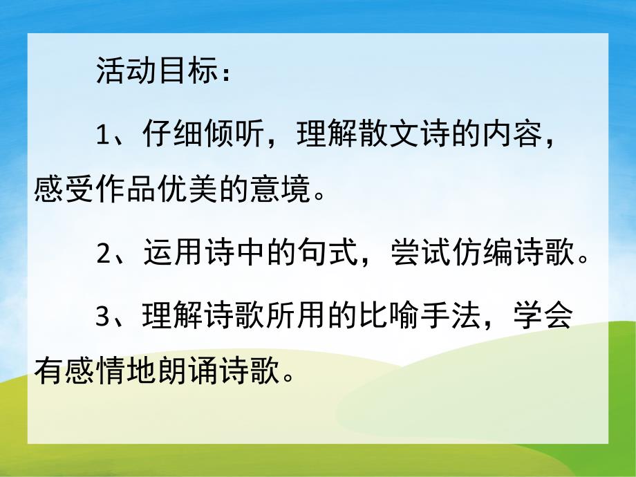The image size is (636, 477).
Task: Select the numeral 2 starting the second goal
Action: point(104,255)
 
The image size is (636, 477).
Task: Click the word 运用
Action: point(174,255)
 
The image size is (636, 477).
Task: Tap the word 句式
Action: point(326,255)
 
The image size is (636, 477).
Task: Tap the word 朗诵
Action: point(187,373)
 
